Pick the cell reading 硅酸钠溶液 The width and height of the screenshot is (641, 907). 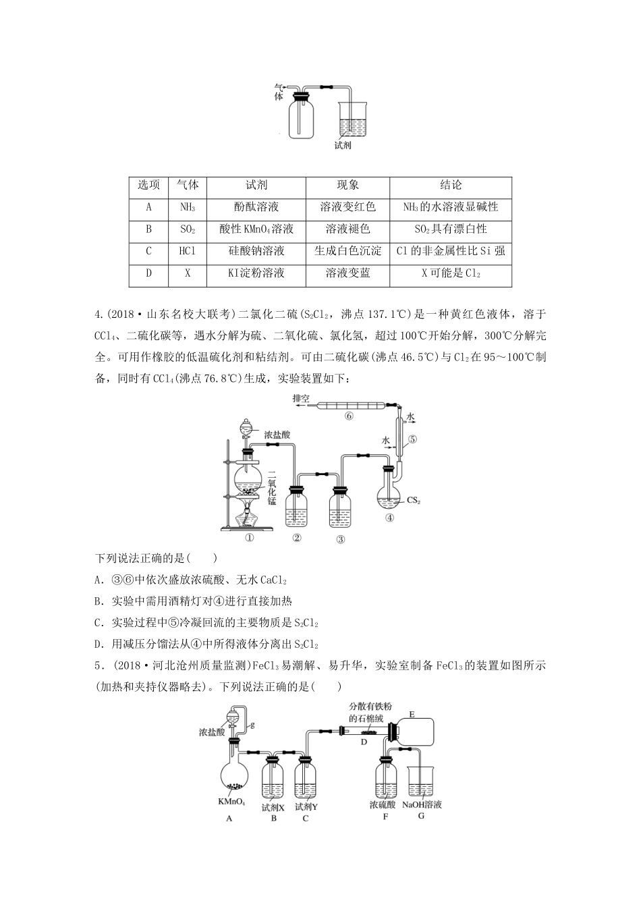point(256,251)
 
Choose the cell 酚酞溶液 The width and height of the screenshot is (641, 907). point(256,208)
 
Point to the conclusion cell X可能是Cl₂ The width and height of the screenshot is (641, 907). point(450,273)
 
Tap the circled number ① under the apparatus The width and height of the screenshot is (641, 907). point(249,539)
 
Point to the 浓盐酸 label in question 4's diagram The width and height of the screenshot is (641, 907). point(277,436)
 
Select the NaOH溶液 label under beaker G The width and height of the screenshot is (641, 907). point(422,805)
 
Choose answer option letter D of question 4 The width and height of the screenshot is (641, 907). point(99,644)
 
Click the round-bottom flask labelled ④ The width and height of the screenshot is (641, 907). point(389,496)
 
